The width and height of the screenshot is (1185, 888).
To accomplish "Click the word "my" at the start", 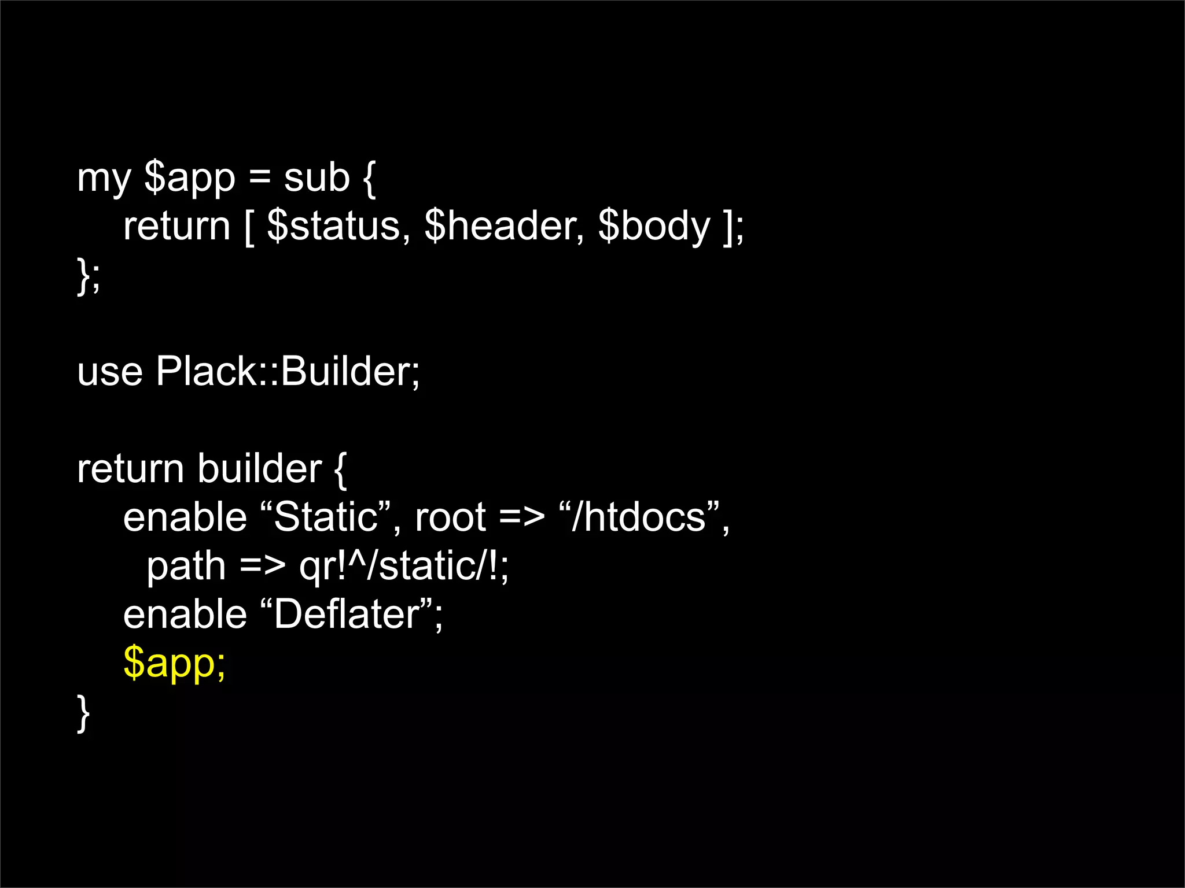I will [x=104, y=179].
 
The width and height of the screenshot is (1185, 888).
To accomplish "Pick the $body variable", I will [x=654, y=227].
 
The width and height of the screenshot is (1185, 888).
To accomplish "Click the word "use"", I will [x=109, y=372].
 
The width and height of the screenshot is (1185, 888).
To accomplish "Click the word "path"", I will [x=186, y=567].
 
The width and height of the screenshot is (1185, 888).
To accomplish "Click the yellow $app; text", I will [x=174, y=664].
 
